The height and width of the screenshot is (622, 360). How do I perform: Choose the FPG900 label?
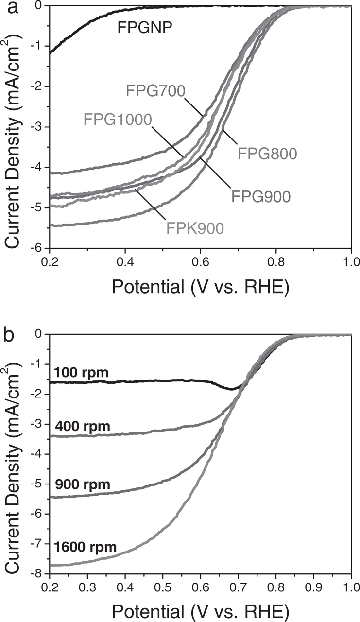261,196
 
